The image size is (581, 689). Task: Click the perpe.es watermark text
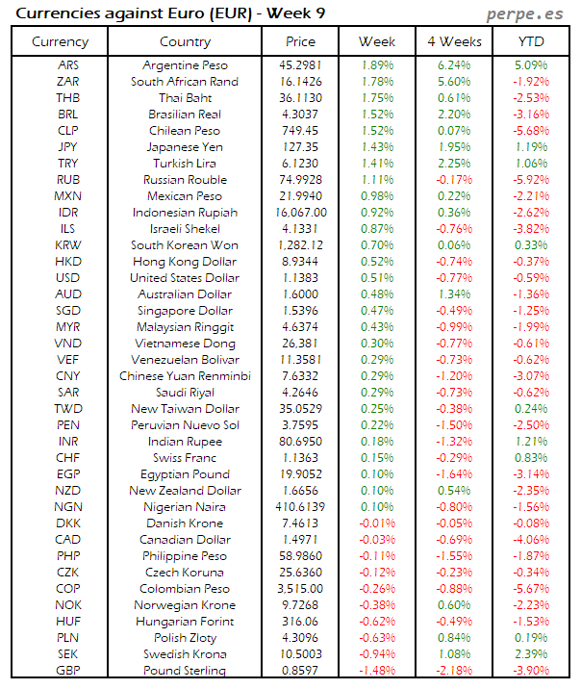tap(528, 13)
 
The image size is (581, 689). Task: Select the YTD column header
tap(530, 41)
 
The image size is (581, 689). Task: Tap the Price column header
tap(300, 41)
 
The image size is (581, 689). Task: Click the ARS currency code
tap(68, 65)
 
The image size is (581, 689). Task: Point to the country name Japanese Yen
tap(185, 147)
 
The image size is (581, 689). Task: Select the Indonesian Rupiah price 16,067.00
tap(300, 212)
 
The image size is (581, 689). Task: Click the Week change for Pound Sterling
tap(377, 670)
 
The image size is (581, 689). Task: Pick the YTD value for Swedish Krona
tap(530, 653)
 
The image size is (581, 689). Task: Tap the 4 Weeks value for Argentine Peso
tap(453, 65)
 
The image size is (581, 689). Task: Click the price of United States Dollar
tap(300, 278)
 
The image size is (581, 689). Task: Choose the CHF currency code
tap(68, 458)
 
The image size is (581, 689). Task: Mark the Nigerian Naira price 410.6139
tap(300, 506)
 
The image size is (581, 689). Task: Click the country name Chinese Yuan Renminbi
tap(185, 376)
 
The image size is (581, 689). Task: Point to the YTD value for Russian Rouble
tap(530, 180)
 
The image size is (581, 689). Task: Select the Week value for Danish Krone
tap(377, 523)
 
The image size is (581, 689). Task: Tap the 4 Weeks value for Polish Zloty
tap(453, 637)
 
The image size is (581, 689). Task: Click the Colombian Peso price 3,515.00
tap(300, 589)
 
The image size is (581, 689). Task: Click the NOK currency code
tap(68, 605)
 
